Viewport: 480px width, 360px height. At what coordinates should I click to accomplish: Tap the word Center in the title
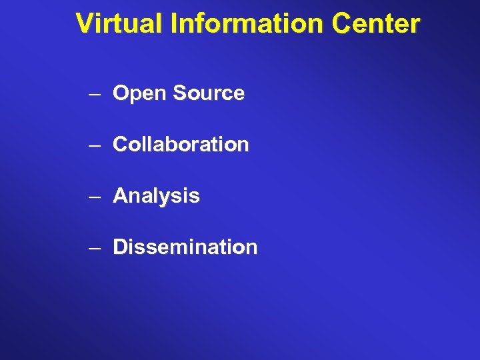tap(377, 23)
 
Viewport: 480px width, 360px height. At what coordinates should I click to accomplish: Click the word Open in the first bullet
tap(139, 94)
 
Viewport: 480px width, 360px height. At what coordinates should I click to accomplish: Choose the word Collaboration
tap(181, 144)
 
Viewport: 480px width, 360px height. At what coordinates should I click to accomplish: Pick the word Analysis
tap(156, 196)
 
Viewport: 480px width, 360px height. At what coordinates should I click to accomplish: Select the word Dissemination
tap(185, 247)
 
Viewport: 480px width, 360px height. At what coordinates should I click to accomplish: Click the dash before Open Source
tap(94, 94)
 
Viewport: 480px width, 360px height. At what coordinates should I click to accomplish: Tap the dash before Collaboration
tap(94, 145)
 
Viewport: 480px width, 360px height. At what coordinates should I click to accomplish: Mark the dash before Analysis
tap(94, 196)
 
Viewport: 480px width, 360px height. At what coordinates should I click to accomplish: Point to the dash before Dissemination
tap(94, 247)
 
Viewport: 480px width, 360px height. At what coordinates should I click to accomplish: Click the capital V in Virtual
tap(84, 23)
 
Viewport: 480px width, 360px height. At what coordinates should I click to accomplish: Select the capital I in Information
tap(175, 23)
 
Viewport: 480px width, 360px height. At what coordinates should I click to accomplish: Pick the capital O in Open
tap(121, 93)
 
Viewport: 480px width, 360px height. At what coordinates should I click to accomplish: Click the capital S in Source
tap(178, 93)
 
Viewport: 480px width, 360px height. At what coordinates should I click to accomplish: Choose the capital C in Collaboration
tap(121, 144)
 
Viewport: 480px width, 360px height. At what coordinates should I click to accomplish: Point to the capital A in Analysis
tap(121, 195)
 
